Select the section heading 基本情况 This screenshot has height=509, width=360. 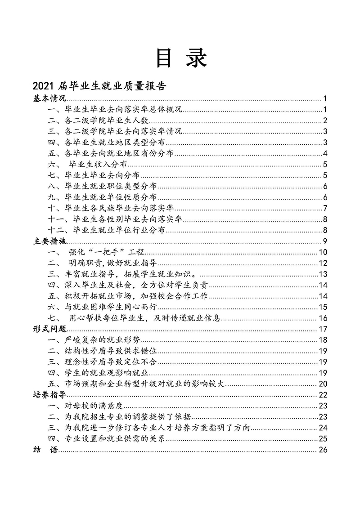[x=50, y=98]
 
